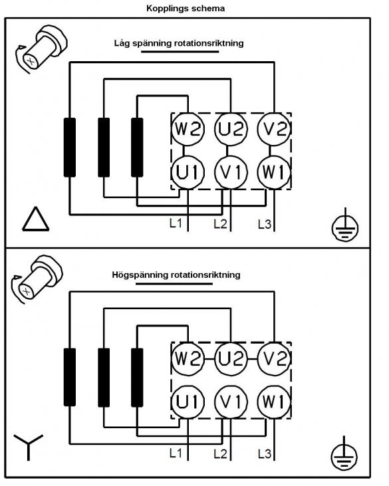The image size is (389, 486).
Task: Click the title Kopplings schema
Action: [186, 9]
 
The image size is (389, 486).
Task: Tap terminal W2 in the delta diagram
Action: [188, 129]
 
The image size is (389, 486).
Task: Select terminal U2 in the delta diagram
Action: [231, 129]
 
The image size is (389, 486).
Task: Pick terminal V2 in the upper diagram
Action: [274, 129]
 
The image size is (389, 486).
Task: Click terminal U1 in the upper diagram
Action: [188, 172]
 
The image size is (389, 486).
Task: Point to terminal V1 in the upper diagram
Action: [231, 172]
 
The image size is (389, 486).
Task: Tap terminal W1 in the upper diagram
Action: [274, 172]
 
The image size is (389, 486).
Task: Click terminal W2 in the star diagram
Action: [188, 358]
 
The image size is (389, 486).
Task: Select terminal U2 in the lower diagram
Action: [231, 358]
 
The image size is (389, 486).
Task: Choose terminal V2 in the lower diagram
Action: [274, 358]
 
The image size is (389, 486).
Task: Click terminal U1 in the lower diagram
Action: [188, 402]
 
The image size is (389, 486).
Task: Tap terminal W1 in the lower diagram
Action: [274, 402]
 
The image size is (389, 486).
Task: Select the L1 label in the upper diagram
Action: [176, 223]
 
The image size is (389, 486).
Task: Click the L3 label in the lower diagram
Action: [265, 454]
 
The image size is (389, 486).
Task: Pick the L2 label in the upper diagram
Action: [220, 223]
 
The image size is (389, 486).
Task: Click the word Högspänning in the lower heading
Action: [140, 275]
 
